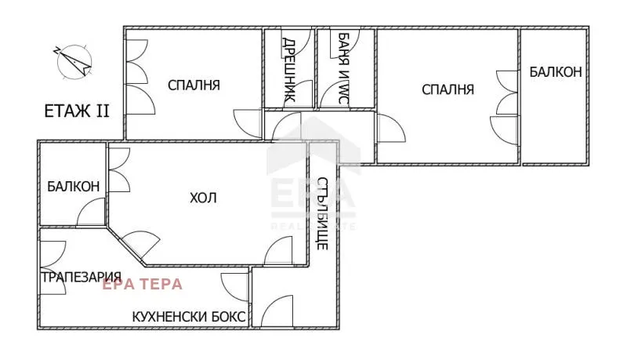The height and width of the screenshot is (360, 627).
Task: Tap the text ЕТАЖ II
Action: point(76,111)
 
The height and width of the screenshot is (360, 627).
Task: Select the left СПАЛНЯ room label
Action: point(194,85)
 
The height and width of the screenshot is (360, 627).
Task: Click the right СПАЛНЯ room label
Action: point(448,89)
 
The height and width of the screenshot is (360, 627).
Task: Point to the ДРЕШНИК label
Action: point(288,71)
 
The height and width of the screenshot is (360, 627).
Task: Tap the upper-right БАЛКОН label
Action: point(555,72)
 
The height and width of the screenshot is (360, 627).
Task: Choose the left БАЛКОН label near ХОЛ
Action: point(73,187)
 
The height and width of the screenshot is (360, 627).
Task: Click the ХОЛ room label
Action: point(203,198)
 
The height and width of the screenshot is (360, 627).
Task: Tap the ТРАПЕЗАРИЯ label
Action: point(81,276)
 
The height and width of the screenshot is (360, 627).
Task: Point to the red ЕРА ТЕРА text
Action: point(143,284)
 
